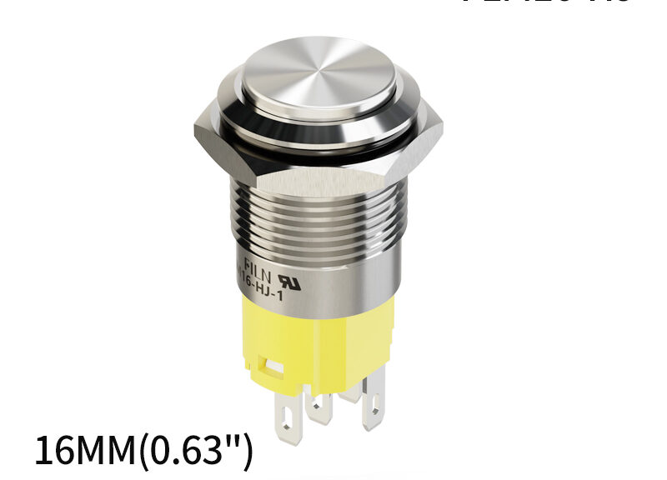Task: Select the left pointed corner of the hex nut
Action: click(x=196, y=133)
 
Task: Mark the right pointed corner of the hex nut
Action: click(x=440, y=131)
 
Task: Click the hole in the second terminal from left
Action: click(x=318, y=406)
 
